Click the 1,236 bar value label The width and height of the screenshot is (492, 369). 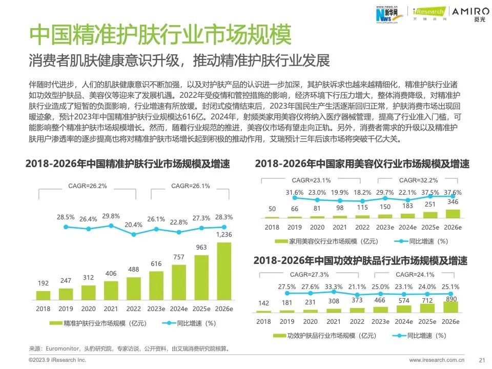coord(223,235)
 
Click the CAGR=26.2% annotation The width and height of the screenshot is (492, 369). coord(88,186)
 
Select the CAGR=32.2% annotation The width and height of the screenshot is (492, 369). coord(418,180)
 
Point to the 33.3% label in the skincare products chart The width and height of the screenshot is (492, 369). coord(333,287)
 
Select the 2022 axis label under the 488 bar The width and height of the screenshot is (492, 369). coord(133,309)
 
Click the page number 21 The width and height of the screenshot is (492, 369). coord(481,360)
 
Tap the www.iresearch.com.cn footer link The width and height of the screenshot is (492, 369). coord(436,360)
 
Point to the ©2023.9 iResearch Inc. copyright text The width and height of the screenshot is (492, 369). coord(57,360)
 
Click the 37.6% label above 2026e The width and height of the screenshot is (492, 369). coord(452,193)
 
